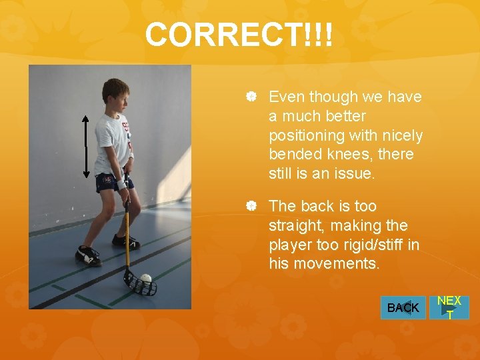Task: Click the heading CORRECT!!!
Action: pyautogui.click(x=239, y=35)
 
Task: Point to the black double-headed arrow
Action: pyautogui.click(x=86, y=146)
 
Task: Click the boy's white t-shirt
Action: pyautogui.click(x=112, y=143)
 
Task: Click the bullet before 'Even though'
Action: pyautogui.click(x=251, y=97)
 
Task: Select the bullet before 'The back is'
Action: pyautogui.click(x=251, y=207)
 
